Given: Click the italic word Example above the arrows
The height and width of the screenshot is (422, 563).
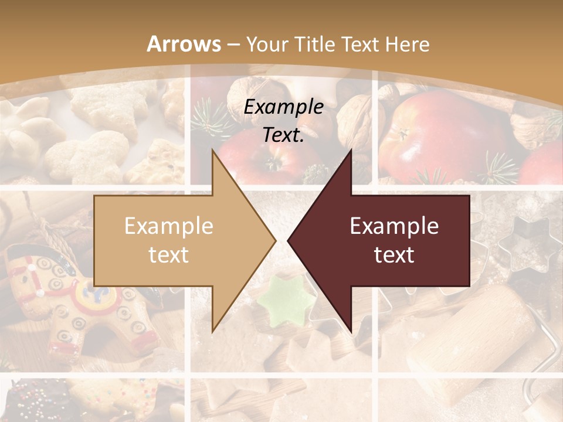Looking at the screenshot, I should pos(283,107).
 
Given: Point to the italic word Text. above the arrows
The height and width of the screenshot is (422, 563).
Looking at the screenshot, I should pos(283,135).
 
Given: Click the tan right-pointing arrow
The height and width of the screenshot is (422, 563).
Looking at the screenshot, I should pos(176,240).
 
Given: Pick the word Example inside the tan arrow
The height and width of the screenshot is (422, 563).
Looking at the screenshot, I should pos(169,226).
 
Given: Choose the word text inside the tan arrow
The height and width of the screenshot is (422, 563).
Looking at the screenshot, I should pos(169,254).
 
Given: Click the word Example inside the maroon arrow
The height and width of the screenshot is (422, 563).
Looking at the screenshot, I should pos(394,226).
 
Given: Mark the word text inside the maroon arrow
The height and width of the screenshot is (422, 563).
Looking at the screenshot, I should pos(394,254).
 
